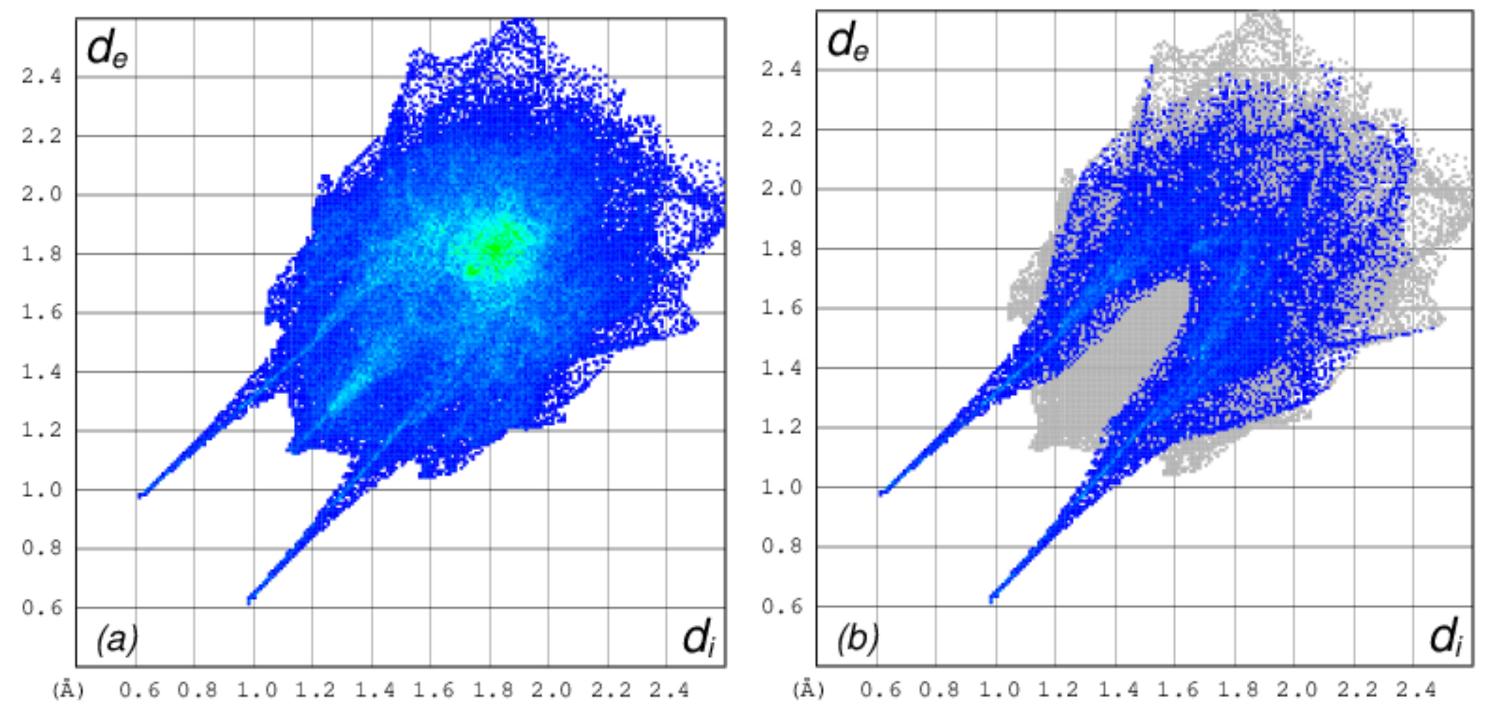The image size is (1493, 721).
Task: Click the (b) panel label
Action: point(857,639)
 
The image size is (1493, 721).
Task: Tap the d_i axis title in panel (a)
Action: point(699,640)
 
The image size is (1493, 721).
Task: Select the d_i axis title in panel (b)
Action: point(1445,638)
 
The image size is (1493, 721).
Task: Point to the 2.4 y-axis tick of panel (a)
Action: point(41,76)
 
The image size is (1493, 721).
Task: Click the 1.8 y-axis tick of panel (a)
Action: point(41,253)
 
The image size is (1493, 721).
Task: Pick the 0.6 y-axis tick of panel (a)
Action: point(41,608)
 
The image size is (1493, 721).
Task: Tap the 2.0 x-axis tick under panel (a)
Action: point(552,690)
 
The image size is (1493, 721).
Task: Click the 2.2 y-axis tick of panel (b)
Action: point(781,129)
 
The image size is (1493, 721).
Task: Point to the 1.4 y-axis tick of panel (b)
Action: point(781,367)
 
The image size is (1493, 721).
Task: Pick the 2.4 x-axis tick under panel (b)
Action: point(1416,689)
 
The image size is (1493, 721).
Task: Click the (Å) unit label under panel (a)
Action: point(68,690)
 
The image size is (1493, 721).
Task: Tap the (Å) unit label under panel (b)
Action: point(809,689)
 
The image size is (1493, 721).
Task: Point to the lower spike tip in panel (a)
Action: point(250,600)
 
